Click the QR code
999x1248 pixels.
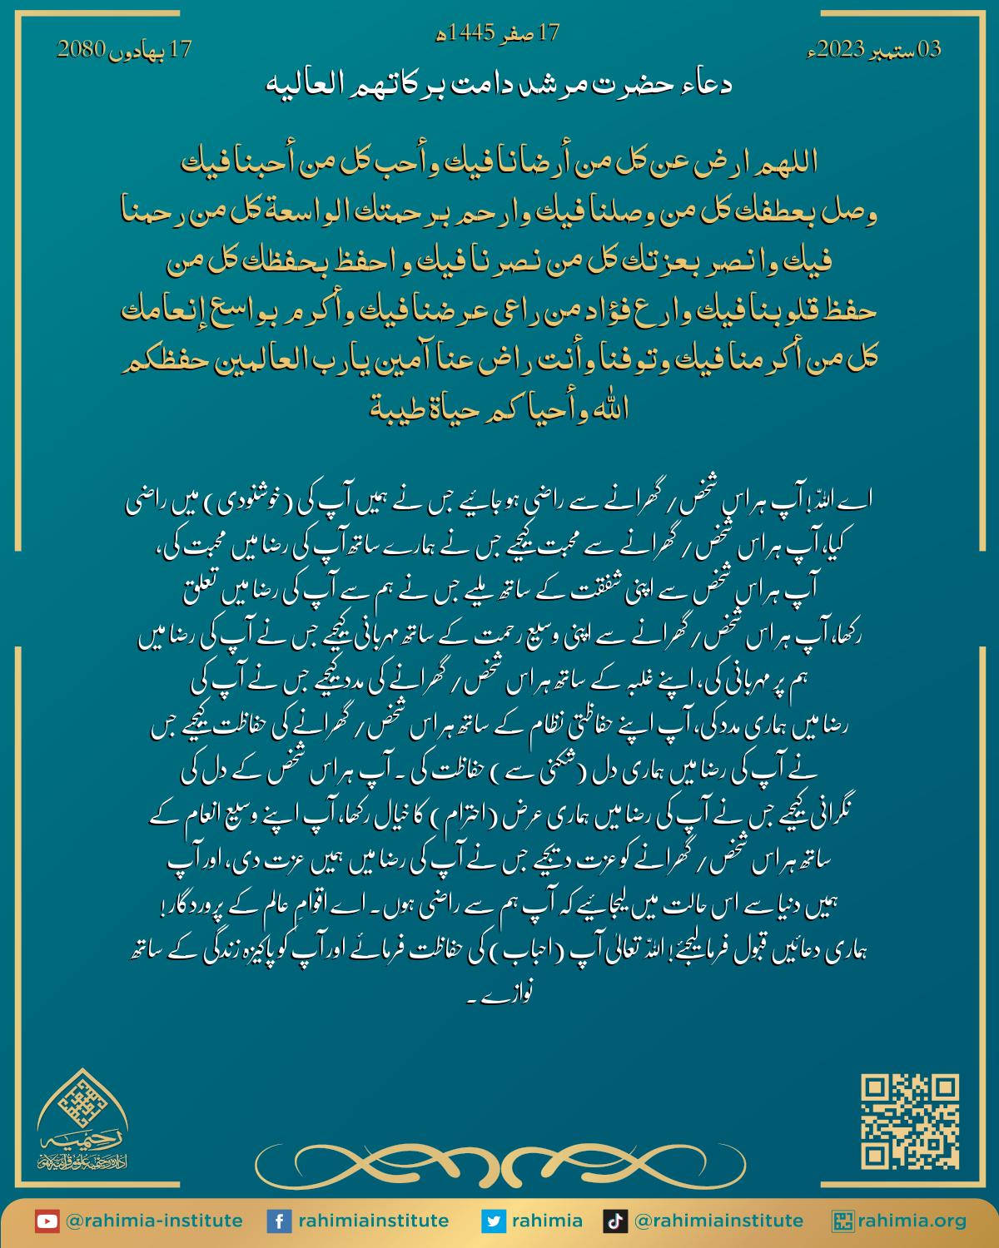pyautogui.click(x=910, y=1122)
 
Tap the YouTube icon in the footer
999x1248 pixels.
pyautogui.click(x=47, y=1221)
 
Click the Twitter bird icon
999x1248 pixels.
pyautogui.click(x=494, y=1221)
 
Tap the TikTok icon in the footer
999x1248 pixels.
pyautogui.click(x=614, y=1221)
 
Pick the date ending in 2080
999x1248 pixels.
pyautogui.click(x=124, y=49)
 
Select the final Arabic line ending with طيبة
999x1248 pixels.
pyautogui.click(x=497, y=409)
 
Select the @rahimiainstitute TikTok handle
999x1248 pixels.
pyautogui.click(x=718, y=1221)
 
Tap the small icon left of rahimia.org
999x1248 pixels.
pyautogui.click(x=842, y=1221)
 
